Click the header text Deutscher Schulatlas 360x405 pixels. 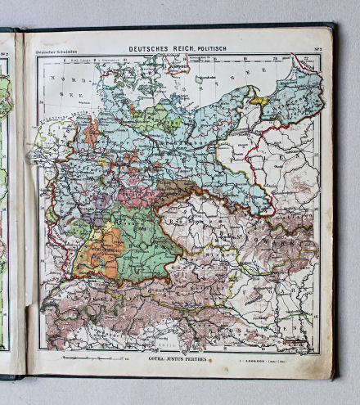(51, 55)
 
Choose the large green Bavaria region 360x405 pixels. (143, 233)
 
